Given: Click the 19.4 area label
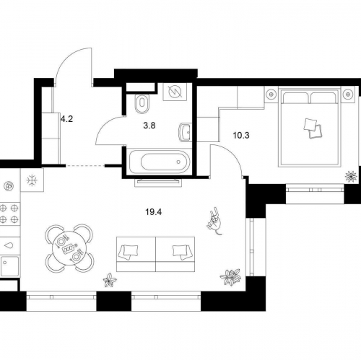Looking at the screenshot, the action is click(x=153, y=212).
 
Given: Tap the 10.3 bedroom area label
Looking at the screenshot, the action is click(x=241, y=136).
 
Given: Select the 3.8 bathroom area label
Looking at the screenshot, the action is click(x=149, y=126).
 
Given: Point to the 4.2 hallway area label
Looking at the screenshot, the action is click(x=66, y=119).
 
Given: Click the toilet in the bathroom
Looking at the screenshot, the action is click(x=142, y=103).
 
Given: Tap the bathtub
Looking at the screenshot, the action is click(x=159, y=162).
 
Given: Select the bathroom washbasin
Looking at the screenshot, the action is click(x=185, y=133).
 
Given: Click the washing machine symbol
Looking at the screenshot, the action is click(x=175, y=92).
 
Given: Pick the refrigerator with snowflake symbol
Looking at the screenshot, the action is click(x=32, y=180).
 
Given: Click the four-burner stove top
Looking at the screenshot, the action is click(x=9, y=214).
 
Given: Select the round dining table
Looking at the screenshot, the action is click(x=69, y=248).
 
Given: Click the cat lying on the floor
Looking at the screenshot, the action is click(x=214, y=221).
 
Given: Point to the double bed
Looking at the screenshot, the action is click(x=310, y=127).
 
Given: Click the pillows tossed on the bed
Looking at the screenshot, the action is click(x=313, y=128).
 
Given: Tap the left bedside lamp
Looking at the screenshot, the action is click(x=271, y=95).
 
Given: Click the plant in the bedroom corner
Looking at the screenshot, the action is click(x=351, y=176).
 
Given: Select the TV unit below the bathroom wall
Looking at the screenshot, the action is click(x=158, y=183).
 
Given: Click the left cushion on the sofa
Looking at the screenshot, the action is click(x=128, y=252).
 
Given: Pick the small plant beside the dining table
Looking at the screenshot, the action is click(x=110, y=280).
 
